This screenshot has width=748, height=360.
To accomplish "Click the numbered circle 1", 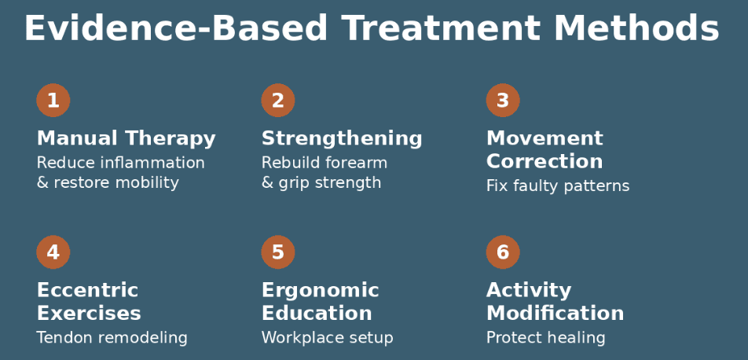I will coord(53,101).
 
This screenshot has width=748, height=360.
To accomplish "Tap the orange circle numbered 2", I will coord(278,101).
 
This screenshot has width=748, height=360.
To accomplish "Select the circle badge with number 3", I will coord(503,101).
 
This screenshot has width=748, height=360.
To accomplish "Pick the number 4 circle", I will coord(53,252).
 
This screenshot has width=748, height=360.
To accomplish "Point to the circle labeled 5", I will coord(278,252).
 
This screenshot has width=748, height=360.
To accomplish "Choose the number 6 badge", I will coord(503,252).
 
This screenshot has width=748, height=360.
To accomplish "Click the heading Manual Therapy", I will coord(126,139).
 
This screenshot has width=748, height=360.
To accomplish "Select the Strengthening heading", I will coord(342,139).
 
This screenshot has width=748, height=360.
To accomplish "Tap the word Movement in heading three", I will coord(544,139).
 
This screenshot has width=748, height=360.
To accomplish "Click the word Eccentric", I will coord(87,291).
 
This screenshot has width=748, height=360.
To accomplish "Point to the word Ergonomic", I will coord(320,291).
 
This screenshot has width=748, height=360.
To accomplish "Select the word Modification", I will coord(555,314).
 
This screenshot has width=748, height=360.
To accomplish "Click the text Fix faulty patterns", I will coord(558,186).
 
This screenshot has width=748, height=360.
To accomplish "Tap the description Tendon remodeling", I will coord(112,338).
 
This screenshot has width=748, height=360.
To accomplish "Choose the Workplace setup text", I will coord(327,338).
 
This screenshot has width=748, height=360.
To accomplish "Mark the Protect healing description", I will coord(545,338).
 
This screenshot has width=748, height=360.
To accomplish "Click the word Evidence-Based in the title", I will coord(175,30).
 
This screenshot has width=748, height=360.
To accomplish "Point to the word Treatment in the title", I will coord(441,30).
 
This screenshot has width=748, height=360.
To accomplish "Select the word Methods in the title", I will coord(636,30).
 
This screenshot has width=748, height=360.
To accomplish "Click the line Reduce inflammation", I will coord(120,163).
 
